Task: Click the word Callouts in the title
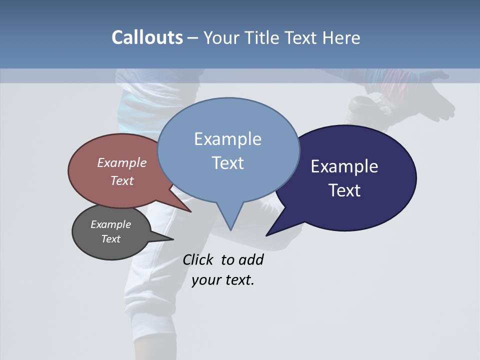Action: pos(147,37)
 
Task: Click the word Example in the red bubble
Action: pos(122,162)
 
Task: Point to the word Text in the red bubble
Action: pos(122,180)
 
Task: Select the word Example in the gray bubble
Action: pos(110,224)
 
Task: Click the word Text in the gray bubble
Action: pos(110,239)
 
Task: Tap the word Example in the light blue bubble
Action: pos(227,139)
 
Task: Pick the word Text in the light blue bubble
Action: pos(227,163)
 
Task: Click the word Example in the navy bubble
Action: pos(344,166)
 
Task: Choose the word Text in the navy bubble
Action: pos(344,190)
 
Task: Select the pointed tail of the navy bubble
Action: pos(268,234)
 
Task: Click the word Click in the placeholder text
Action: pos(197,260)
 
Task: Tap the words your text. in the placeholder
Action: pos(223,280)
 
